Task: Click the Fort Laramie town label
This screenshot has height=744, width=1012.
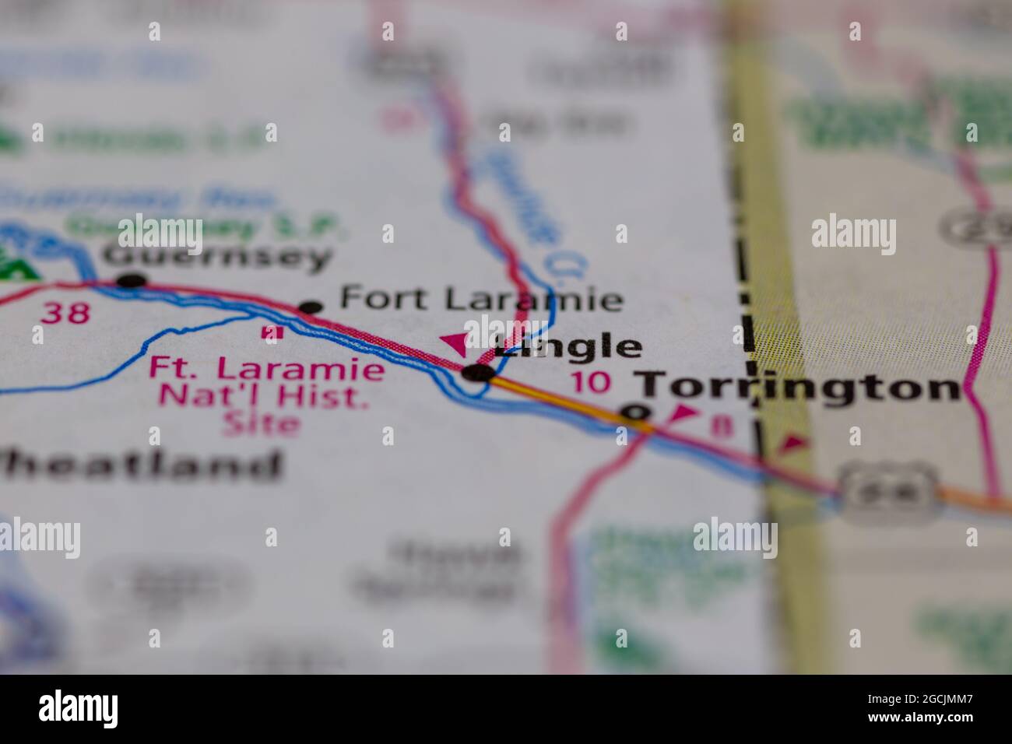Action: pyautogui.click(x=482, y=299)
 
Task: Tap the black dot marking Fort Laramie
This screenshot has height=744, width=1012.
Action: pyautogui.click(x=311, y=307)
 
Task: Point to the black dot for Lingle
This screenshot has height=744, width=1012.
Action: pyautogui.click(x=477, y=374)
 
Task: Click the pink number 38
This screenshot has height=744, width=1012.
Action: pyautogui.click(x=65, y=314)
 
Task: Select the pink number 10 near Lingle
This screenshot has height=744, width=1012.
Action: pyautogui.click(x=589, y=382)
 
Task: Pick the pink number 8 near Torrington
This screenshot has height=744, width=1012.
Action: pyautogui.click(x=723, y=427)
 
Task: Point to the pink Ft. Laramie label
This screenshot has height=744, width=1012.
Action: pyautogui.click(x=266, y=368)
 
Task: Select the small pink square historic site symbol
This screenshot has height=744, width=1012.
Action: pyautogui.click(x=271, y=332)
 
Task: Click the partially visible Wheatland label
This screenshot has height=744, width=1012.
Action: pyautogui.click(x=140, y=465)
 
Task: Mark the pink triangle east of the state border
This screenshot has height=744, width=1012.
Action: pyautogui.click(x=793, y=444)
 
